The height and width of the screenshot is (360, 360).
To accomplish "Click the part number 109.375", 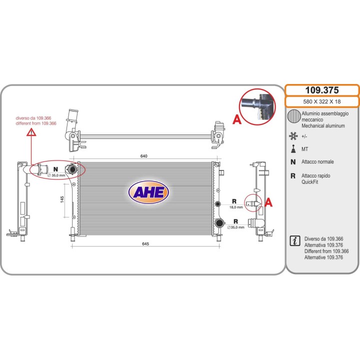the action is pyautogui.click(x=322, y=90).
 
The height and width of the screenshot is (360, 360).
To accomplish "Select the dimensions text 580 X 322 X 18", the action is pyautogui.click(x=322, y=101).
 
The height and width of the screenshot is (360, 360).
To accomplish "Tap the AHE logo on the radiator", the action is pyautogui.click(x=148, y=192).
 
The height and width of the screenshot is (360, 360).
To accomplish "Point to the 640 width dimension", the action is pyautogui.click(x=143, y=156).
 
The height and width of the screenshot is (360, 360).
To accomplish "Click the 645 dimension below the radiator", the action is pyautogui.click(x=145, y=244).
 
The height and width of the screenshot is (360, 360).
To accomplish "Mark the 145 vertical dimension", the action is pyautogui.click(x=62, y=199).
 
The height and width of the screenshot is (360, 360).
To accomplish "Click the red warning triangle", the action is pyautogui.click(x=31, y=132).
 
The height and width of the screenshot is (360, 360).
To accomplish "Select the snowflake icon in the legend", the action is pyautogui.click(x=293, y=136).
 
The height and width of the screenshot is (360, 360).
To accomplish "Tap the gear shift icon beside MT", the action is pyautogui.click(x=293, y=149).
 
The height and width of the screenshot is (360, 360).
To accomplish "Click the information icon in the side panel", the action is pyautogui.click(x=295, y=240).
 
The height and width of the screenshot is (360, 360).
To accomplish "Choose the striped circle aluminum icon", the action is pyautogui.click(x=294, y=116).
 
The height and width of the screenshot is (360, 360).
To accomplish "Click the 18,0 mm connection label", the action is pyautogui.click(x=236, y=207).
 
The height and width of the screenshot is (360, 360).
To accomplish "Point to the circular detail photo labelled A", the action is pyautogui.click(x=257, y=107).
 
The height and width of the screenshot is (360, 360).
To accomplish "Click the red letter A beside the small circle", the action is pyautogui.click(x=268, y=202).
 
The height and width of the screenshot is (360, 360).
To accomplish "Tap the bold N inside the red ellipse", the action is pyautogui.click(x=55, y=169).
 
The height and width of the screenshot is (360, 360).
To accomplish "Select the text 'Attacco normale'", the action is pyautogui.click(x=317, y=161).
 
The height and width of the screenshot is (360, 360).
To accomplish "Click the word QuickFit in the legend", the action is pyautogui.click(x=309, y=182).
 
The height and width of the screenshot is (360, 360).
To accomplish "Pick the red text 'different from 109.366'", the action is pyautogui.click(x=36, y=123).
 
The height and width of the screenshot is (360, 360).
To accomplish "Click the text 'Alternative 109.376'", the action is pyautogui.click(x=323, y=257).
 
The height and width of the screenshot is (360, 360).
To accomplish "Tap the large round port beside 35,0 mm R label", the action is pyautogui.click(x=219, y=222).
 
